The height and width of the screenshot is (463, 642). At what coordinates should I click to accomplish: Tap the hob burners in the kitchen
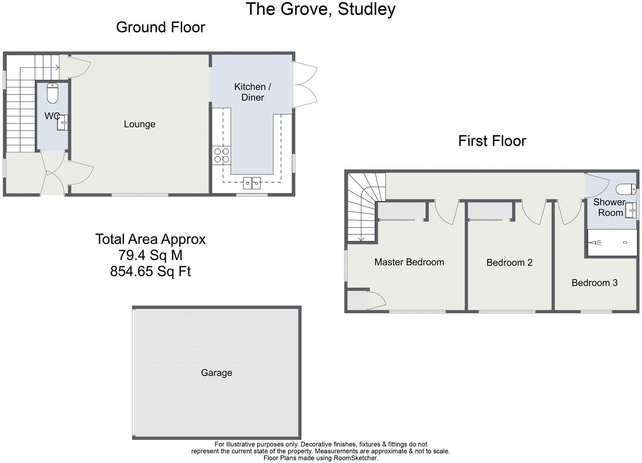222,155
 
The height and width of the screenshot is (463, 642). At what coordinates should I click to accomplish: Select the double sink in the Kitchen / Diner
252,183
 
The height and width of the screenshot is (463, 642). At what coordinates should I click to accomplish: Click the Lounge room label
140,124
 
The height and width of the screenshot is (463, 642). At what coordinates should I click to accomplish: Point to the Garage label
216,373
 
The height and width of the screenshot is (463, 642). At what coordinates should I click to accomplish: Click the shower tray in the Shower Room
612,243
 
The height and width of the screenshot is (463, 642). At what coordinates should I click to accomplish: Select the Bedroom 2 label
509,263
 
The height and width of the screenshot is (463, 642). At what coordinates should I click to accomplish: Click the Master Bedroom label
409,262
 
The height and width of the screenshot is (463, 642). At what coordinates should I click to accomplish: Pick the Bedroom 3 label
594,283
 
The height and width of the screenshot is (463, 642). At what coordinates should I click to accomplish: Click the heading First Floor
492,141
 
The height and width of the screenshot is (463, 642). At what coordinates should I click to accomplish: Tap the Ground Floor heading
160,27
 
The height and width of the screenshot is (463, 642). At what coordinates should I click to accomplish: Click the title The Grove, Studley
320,9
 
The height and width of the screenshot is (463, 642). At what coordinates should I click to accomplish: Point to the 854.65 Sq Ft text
150,271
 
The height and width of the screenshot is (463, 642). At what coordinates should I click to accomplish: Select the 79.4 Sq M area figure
150,255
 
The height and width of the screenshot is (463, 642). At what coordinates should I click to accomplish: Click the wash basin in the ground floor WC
63,123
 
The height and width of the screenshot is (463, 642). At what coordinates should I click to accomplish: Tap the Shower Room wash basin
631,210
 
